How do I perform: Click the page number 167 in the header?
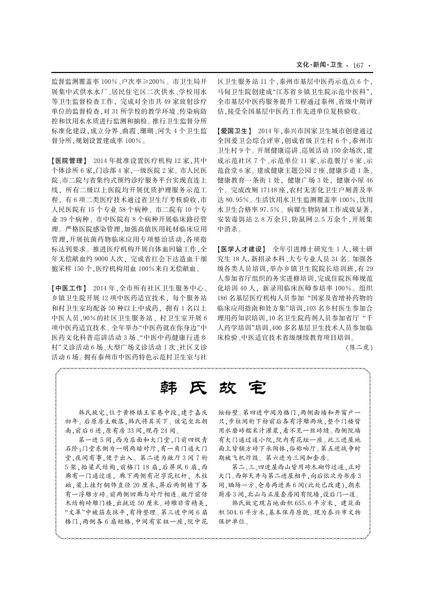358,65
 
